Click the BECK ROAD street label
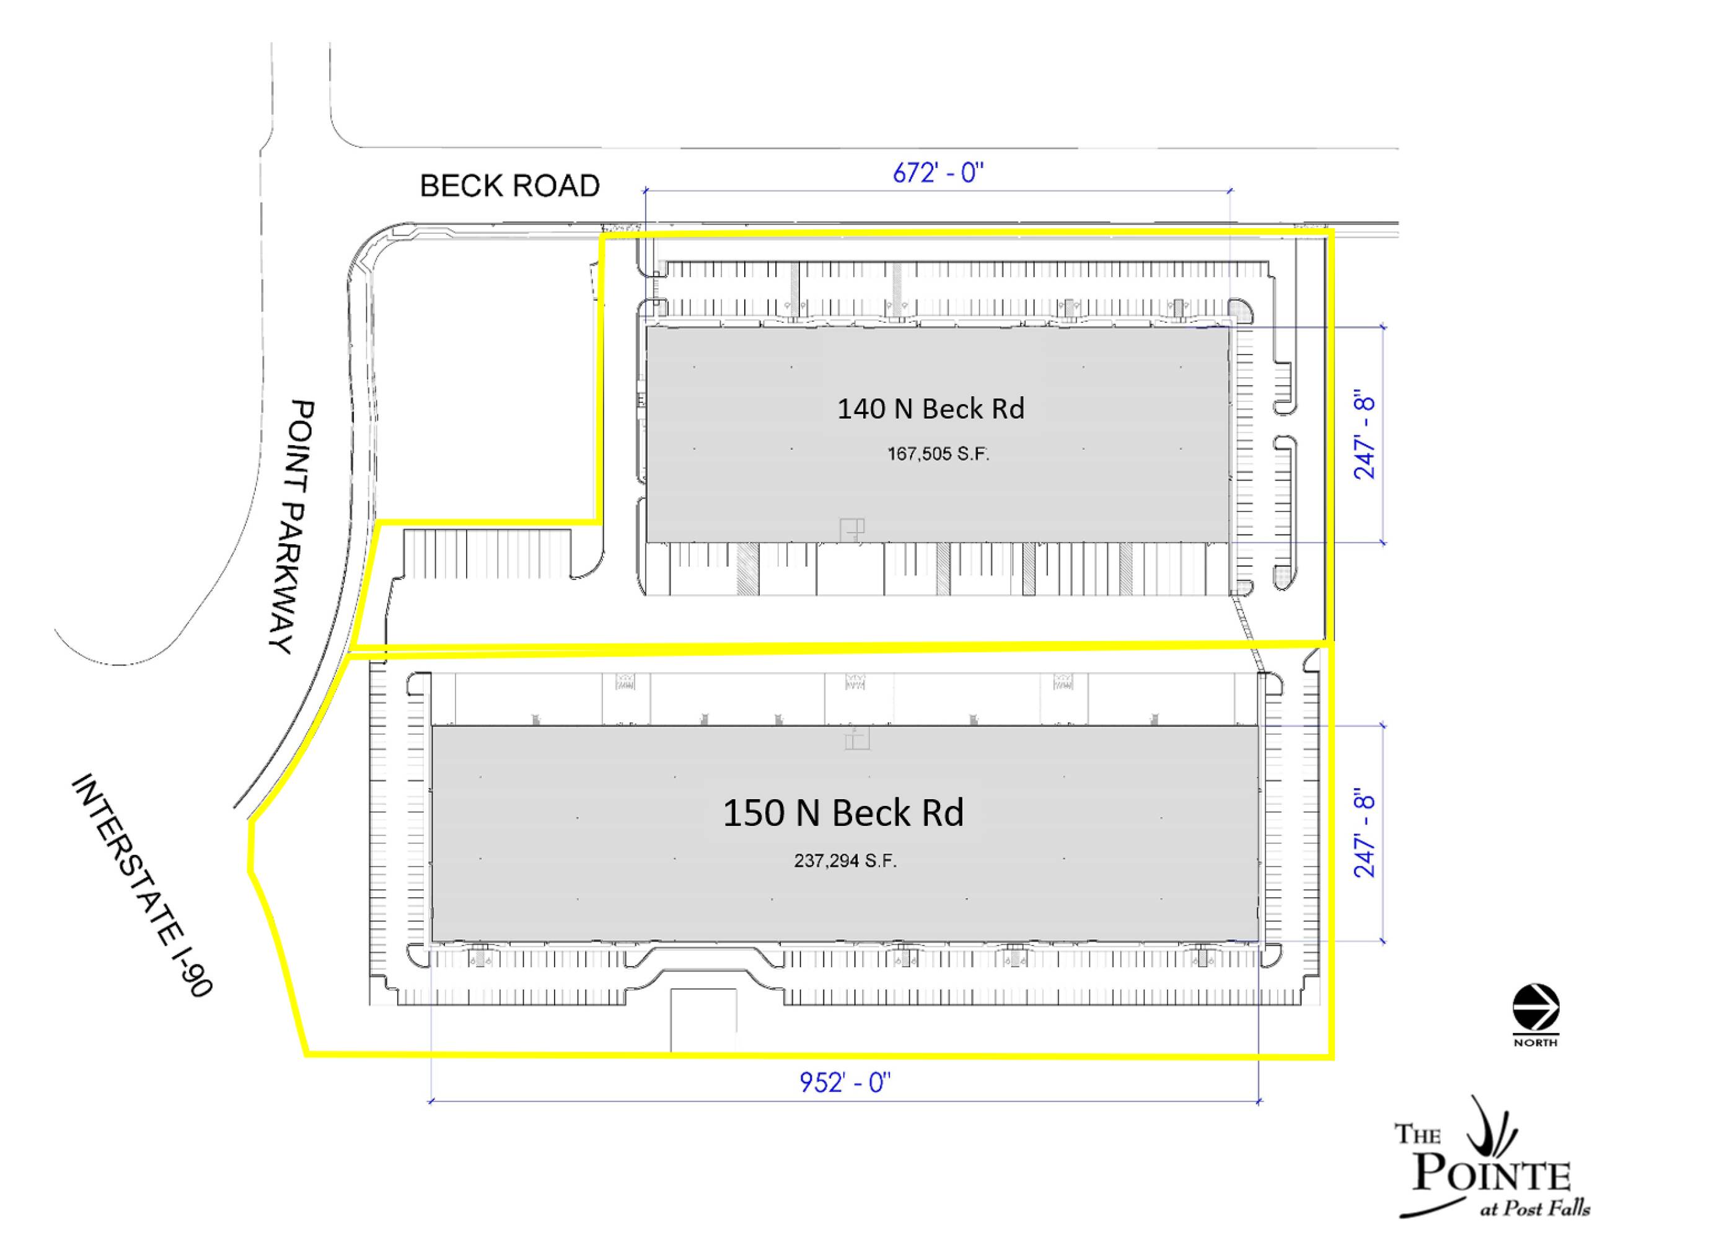coord(509,185)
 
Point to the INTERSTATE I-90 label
coord(142,885)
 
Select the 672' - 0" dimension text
coord(938,174)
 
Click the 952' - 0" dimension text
coord(845,1083)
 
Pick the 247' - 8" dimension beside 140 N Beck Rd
coord(1365,434)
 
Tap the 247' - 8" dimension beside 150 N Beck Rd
coord(1365,833)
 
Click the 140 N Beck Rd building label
coord(930,409)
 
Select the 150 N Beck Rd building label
coord(843,812)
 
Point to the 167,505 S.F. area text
coord(938,454)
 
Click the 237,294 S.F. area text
coord(845,861)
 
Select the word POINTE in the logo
coord(1492,1175)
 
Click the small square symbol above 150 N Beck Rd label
coord(857,738)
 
